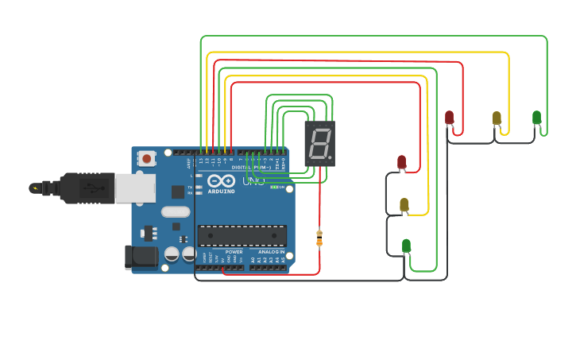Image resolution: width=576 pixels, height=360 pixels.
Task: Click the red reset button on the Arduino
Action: (x=147, y=159)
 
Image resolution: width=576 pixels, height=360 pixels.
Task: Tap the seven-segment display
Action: (x=319, y=144)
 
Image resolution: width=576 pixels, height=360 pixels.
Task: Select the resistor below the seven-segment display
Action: (x=319, y=238)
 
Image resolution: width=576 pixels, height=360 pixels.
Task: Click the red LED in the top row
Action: (x=449, y=118)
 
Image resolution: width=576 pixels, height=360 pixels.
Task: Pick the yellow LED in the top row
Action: (x=497, y=118)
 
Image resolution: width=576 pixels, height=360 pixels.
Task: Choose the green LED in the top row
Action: (x=537, y=118)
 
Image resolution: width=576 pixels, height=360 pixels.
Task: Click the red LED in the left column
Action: (x=401, y=162)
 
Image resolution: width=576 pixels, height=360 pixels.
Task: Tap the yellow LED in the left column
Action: (x=404, y=205)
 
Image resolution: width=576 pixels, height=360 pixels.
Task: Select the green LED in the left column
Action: (x=406, y=246)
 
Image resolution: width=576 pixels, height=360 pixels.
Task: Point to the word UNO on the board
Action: (x=253, y=181)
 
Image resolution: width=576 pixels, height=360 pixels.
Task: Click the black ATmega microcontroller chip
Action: (x=242, y=236)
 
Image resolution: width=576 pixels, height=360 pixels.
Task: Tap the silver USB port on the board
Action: (x=135, y=188)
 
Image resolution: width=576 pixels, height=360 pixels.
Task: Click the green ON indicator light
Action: (x=274, y=187)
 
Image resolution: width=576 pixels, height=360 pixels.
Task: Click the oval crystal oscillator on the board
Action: (x=176, y=211)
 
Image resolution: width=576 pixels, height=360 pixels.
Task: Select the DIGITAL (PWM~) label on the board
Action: (x=250, y=168)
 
